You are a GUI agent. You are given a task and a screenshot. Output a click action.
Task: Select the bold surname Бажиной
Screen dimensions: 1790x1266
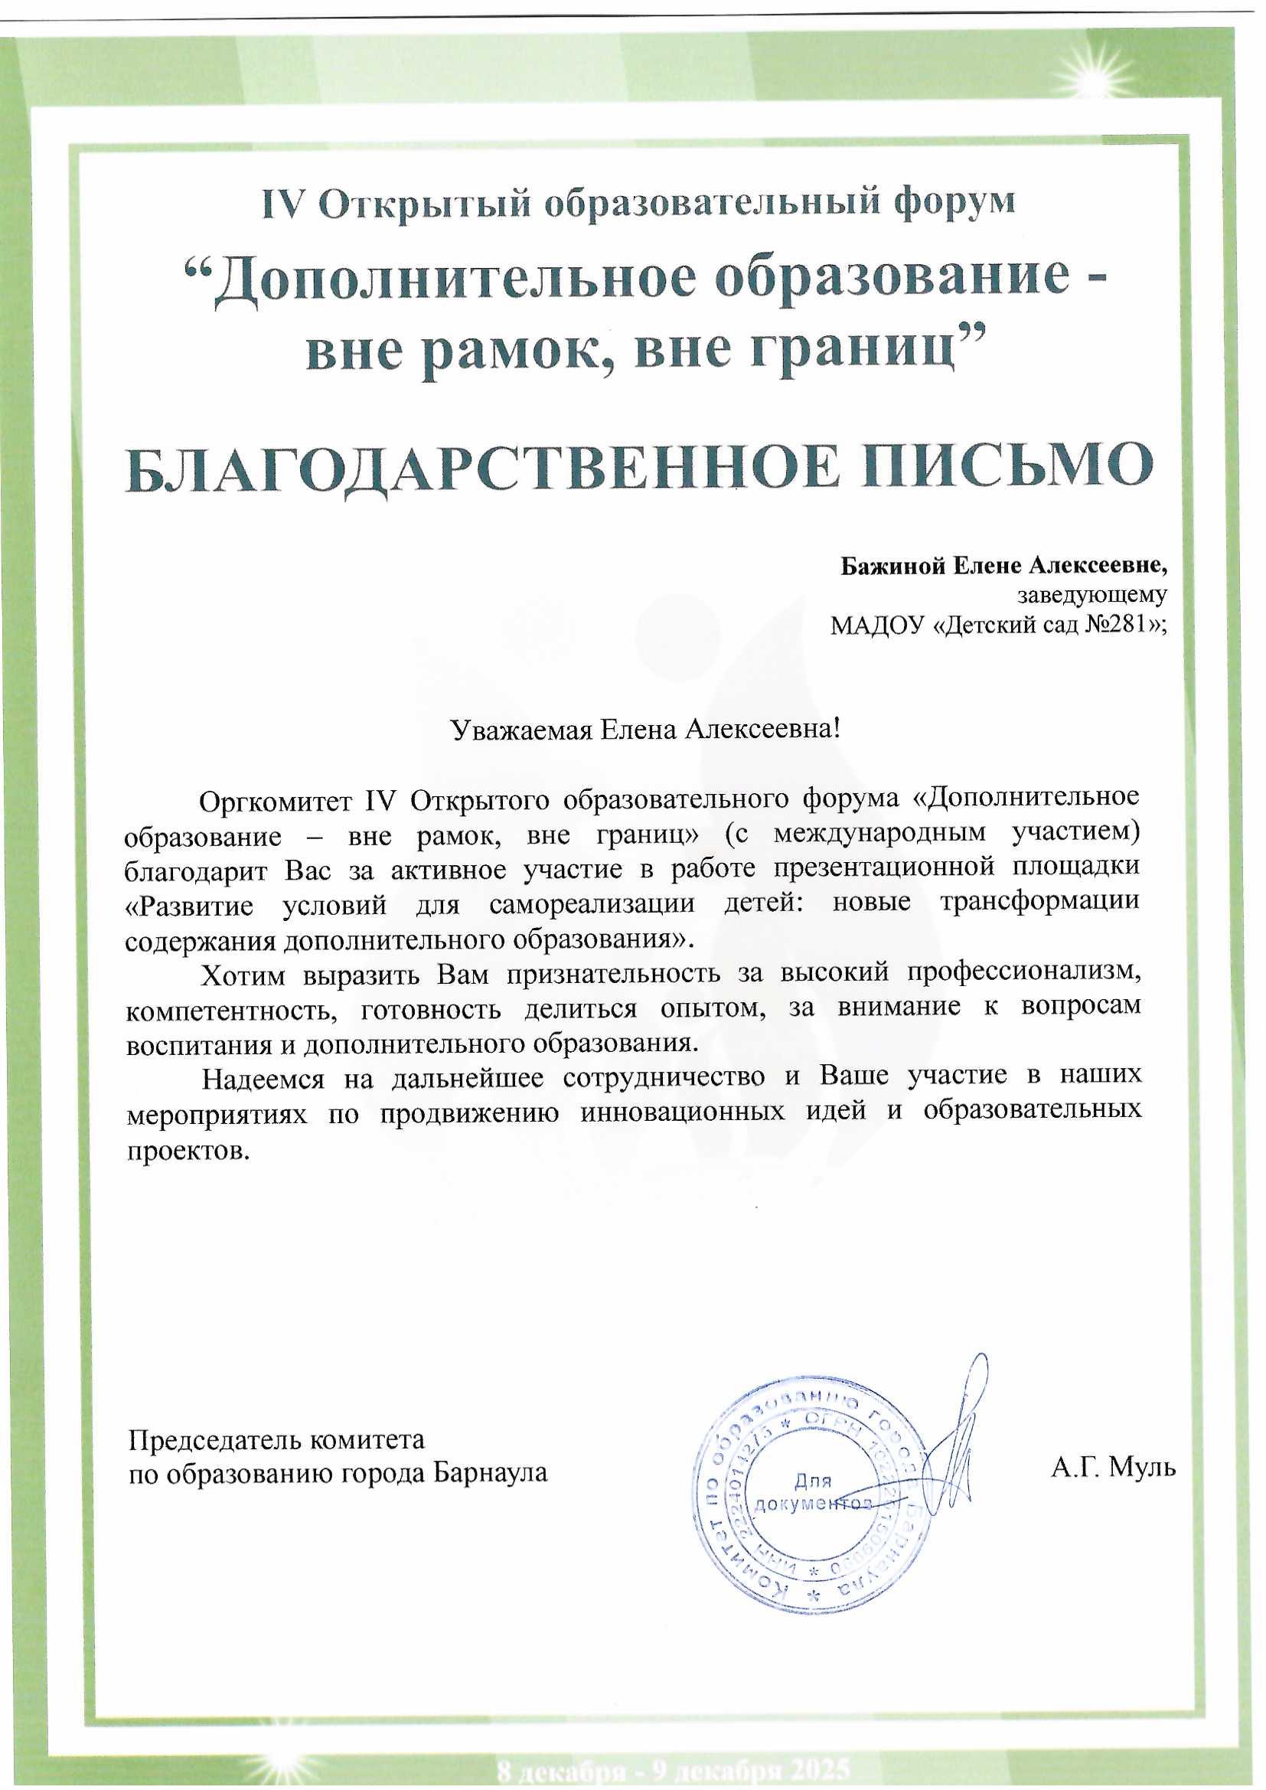(891, 565)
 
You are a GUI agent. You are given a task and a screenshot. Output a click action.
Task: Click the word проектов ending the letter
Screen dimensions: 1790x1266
(188, 1150)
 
